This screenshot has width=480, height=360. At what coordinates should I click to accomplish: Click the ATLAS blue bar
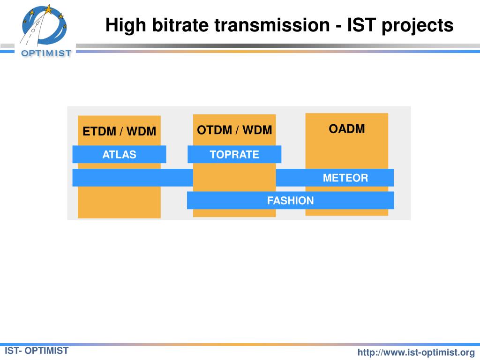119,154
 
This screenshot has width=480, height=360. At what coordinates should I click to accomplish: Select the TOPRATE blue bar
234,154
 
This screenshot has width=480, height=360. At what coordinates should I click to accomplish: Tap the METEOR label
345,178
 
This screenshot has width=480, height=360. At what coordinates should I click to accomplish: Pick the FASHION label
290,201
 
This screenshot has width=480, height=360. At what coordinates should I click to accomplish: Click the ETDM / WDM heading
119,131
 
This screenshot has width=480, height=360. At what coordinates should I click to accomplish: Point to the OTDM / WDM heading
234,130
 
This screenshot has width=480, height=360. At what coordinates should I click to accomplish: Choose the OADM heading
346,129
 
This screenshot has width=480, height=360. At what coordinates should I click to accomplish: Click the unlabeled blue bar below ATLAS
133,178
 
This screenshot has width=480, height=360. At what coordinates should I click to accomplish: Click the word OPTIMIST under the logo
46,53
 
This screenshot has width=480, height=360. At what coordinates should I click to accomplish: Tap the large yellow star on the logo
48,9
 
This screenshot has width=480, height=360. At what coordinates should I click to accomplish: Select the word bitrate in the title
180,25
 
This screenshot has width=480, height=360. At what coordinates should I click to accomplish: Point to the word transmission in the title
272,25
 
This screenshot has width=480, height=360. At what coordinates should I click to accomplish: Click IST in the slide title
361,25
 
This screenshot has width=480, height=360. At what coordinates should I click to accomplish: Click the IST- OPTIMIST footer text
37,351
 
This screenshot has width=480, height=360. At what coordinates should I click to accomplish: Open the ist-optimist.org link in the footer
416,352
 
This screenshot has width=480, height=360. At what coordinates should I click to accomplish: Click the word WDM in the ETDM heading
141,131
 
